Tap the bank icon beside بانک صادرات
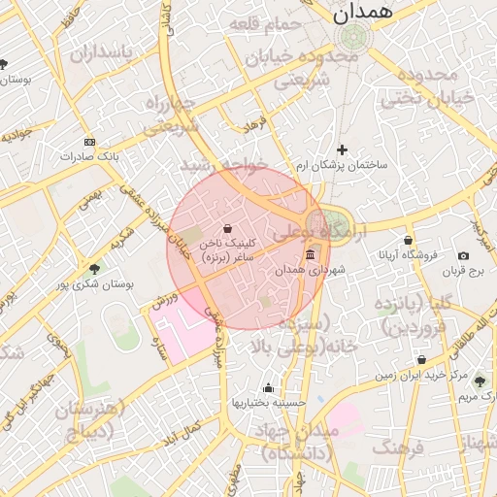tap(89, 142)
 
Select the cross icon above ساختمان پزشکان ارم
tap(342, 149)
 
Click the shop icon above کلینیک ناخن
tap(227, 229)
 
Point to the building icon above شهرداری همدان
tap(311, 254)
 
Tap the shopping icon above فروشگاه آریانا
tap(408, 240)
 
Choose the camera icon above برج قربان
tap(463, 256)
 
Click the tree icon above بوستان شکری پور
tap(94, 269)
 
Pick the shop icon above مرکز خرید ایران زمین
tap(420, 359)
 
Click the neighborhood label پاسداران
tap(98, 52)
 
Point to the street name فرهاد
tap(255, 123)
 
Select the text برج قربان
tap(463, 273)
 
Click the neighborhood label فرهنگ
tap(398, 448)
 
